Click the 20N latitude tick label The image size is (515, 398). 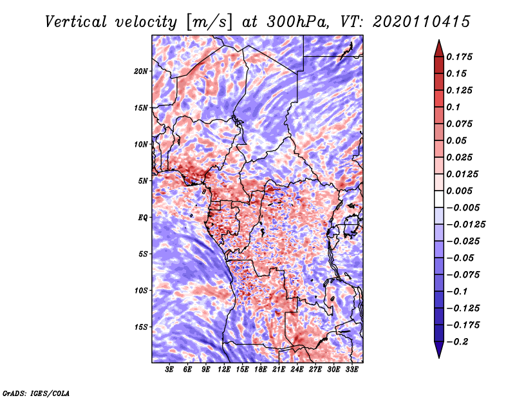[x=141, y=71]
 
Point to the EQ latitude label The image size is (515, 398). [x=142, y=218]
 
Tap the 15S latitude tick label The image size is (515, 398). [x=141, y=327]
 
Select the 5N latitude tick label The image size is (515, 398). [x=142, y=181]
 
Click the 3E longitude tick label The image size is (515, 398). [x=169, y=370]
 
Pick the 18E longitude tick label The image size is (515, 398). [x=261, y=370]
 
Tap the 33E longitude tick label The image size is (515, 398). [x=351, y=370]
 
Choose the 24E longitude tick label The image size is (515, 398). [x=297, y=370]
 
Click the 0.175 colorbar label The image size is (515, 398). [x=459, y=57]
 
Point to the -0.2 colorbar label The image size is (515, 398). [x=457, y=342]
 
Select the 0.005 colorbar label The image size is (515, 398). [x=459, y=191]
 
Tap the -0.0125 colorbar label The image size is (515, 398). [x=465, y=225]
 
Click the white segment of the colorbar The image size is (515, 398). [x=439, y=199]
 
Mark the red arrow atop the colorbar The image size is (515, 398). [x=439, y=48]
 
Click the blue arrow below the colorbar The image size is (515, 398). [x=439, y=350]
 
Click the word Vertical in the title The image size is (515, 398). [x=76, y=22]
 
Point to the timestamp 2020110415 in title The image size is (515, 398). [x=422, y=22]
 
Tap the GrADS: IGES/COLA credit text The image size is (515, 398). [x=36, y=393]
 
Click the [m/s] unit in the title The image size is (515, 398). [x=209, y=23]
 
